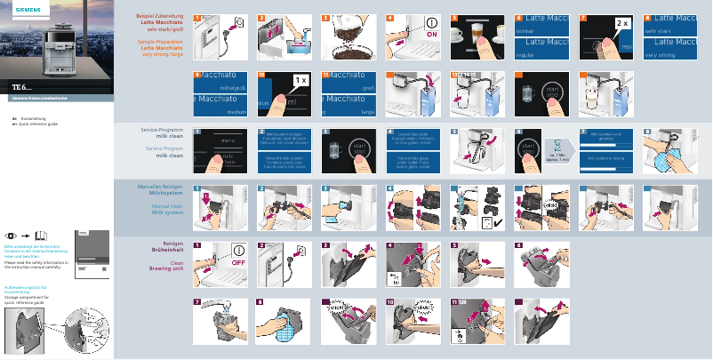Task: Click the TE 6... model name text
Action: click(x=22, y=86)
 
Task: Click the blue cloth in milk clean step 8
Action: click(x=663, y=160)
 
